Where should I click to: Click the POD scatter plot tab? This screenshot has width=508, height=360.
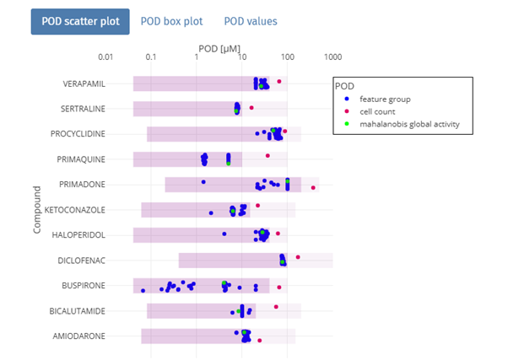[80, 21]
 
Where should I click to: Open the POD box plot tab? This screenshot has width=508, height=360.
[171, 21]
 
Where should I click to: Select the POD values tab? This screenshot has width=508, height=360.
[250, 21]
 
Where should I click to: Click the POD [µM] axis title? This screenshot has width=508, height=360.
[219, 49]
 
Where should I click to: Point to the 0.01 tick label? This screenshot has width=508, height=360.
[105, 57]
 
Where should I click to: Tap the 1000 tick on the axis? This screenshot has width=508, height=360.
[332, 57]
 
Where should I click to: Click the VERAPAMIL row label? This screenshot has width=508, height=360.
[84, 84]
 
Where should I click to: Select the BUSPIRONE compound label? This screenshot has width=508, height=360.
[84, 286]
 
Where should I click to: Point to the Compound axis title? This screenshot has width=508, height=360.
[38, 210]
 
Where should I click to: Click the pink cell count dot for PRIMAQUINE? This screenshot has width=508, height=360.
[268, 156]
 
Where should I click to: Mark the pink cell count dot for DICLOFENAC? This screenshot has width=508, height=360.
[298, 256]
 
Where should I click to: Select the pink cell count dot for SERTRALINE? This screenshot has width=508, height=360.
[251, 108]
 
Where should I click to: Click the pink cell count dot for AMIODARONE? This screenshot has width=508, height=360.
[260, 340]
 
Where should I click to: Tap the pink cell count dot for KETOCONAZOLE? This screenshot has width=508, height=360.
[257, 206]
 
